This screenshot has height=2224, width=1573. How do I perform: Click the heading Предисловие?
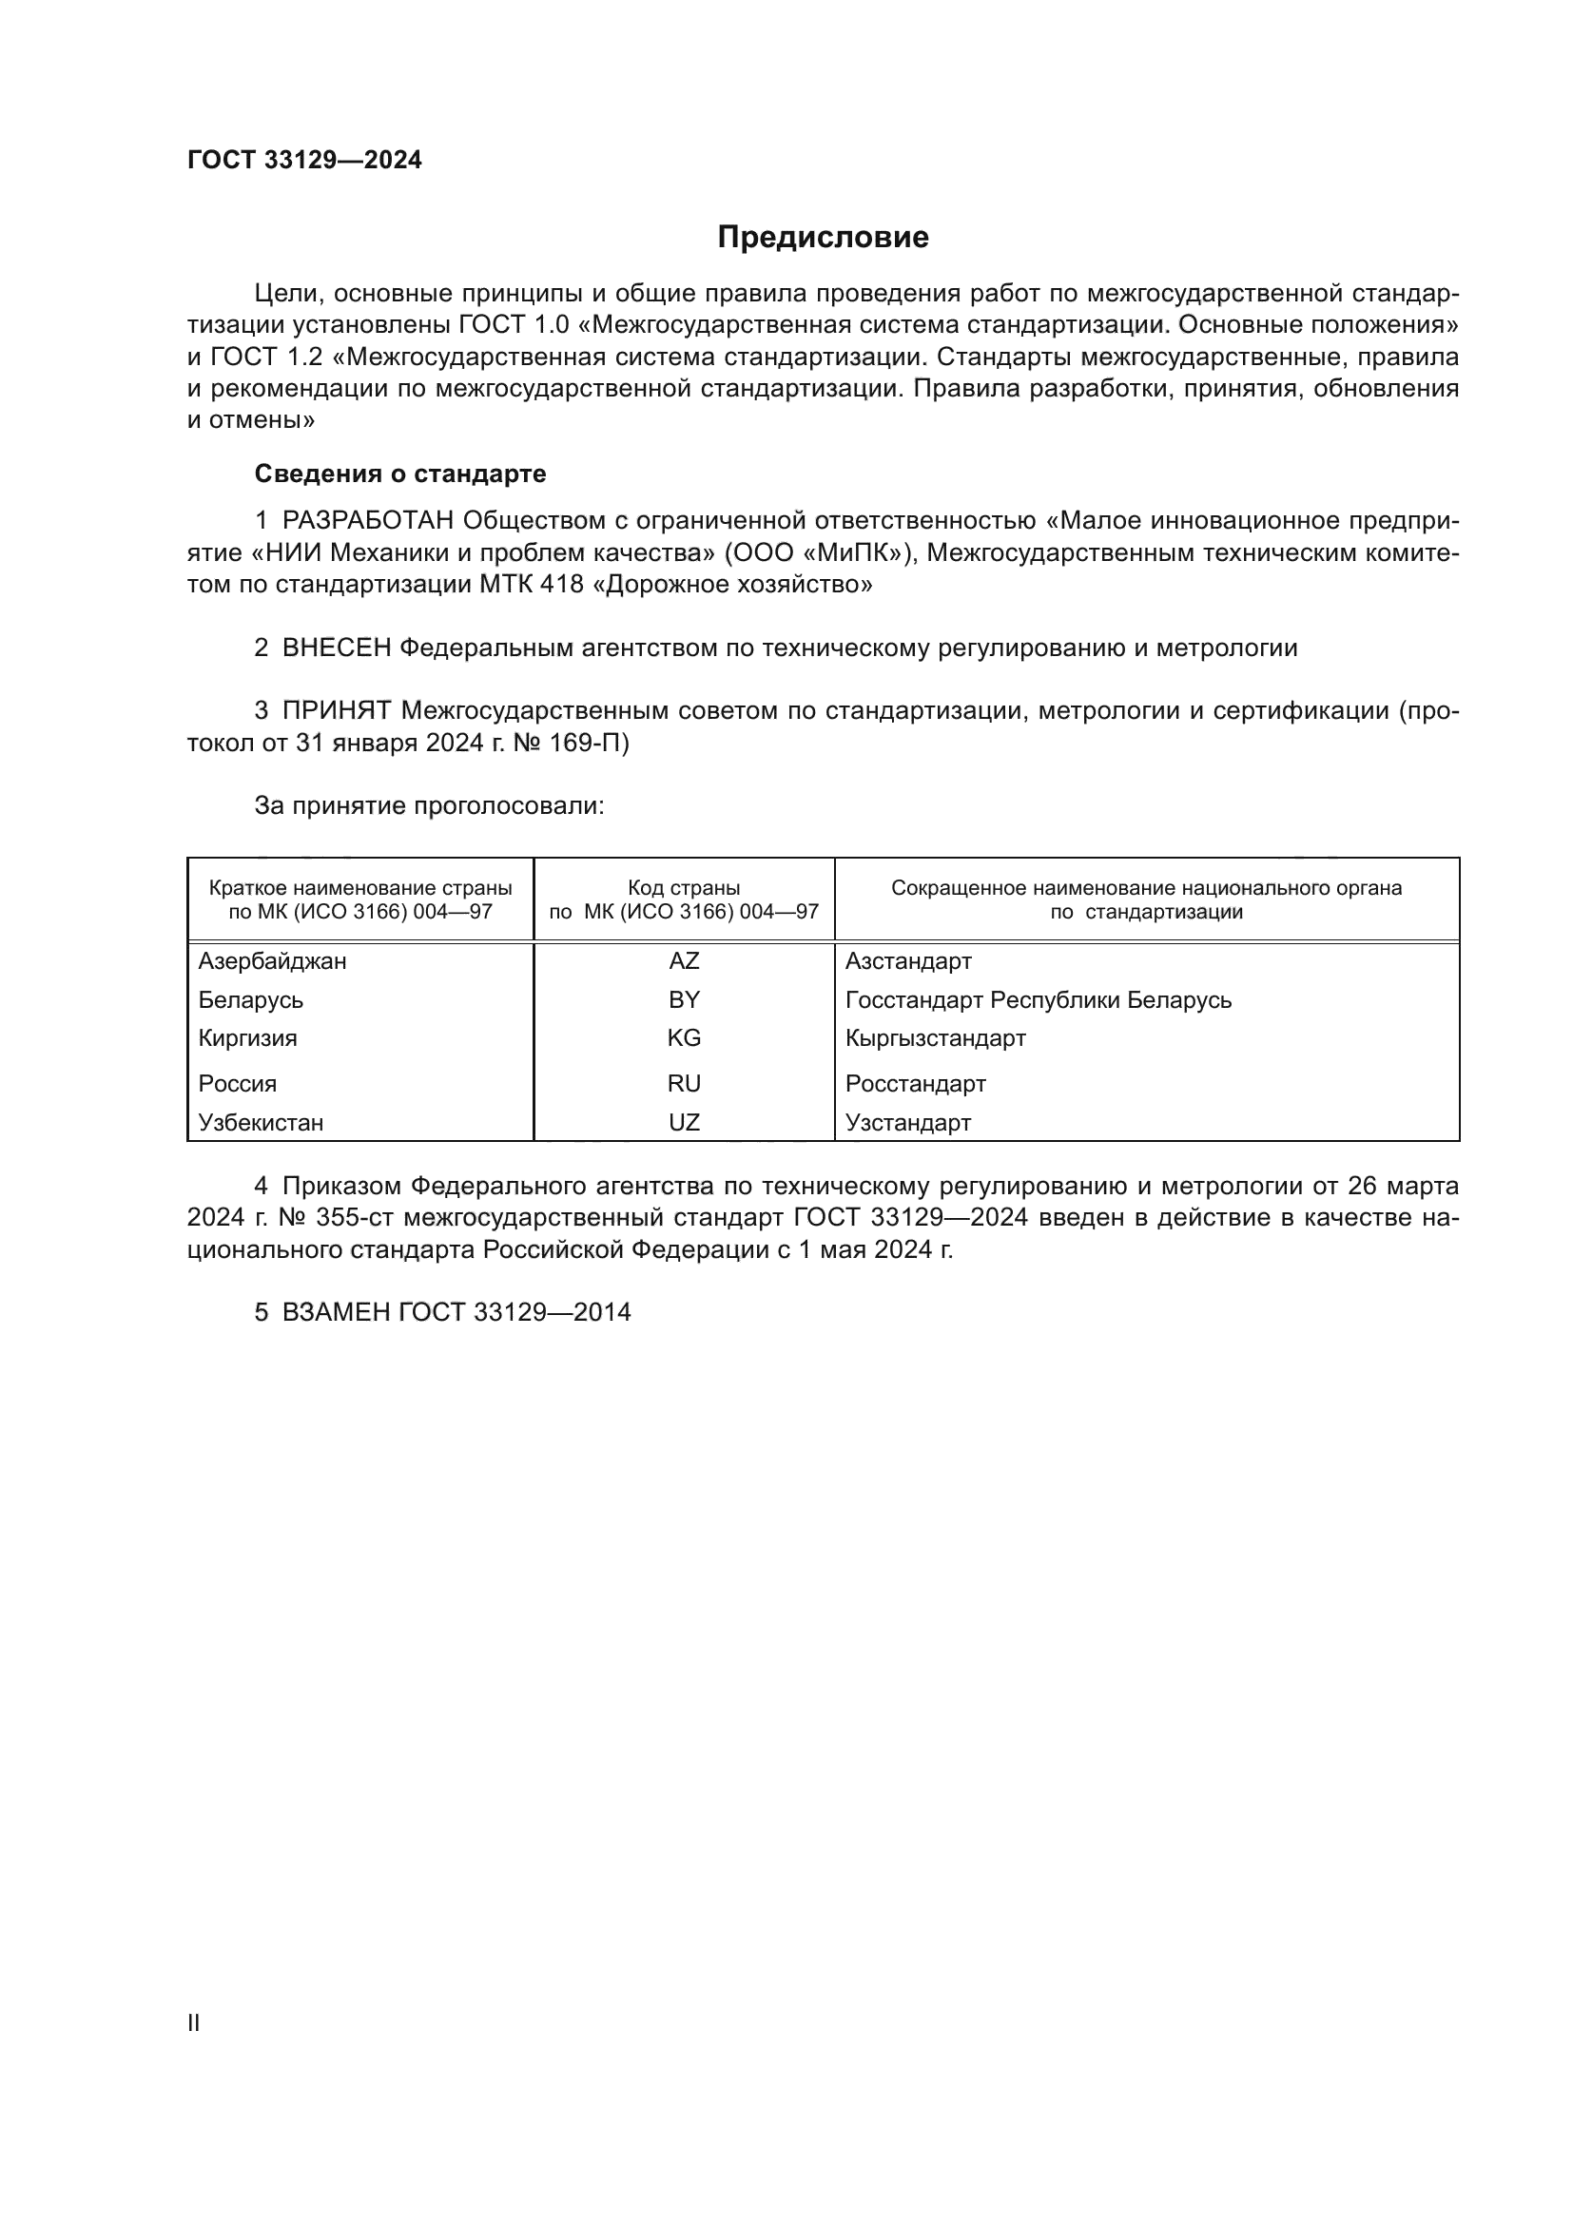823,238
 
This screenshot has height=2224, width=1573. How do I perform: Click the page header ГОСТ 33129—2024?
304,161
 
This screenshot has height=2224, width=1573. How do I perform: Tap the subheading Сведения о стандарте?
400,474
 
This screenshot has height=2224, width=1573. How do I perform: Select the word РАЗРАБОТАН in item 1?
368,521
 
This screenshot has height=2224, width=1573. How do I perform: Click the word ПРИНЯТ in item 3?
336,711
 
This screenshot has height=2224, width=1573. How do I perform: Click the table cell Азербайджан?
272,961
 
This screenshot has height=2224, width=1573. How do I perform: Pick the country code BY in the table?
684,999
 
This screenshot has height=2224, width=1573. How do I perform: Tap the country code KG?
684,1038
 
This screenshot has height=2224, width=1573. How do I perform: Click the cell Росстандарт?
915,1084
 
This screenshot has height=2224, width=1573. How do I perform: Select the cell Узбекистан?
261,1123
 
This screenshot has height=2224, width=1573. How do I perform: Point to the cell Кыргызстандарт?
935,1038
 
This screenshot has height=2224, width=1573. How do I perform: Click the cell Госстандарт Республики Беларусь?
1038,999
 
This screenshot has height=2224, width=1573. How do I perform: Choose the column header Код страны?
684,888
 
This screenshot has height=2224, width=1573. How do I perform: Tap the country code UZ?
684,1123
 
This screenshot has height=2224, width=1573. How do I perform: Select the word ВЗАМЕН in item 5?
336,1312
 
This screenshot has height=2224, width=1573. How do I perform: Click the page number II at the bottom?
194,2023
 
